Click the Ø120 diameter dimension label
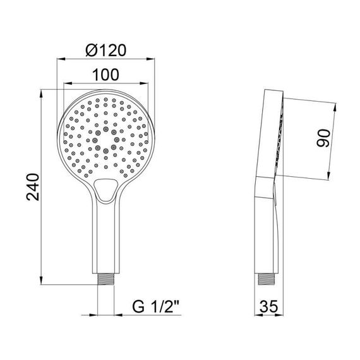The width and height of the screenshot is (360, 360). pyautogui.click(x=106, y=49)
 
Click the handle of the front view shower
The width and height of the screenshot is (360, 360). pyautogui.click(x=106, y=240)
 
